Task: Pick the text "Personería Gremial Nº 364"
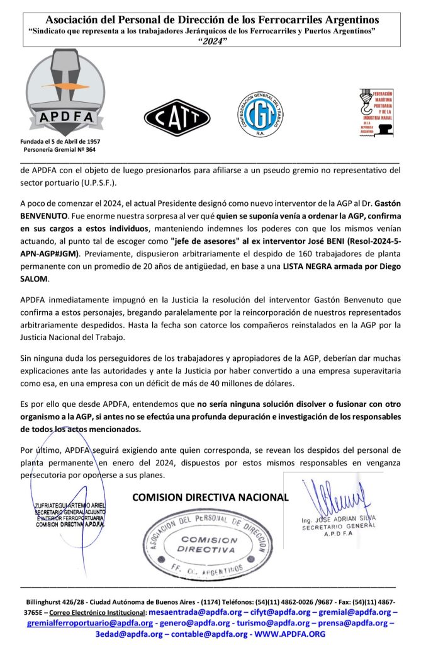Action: click(x=60, y=150)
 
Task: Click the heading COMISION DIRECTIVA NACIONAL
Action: click(x=210, y=497)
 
